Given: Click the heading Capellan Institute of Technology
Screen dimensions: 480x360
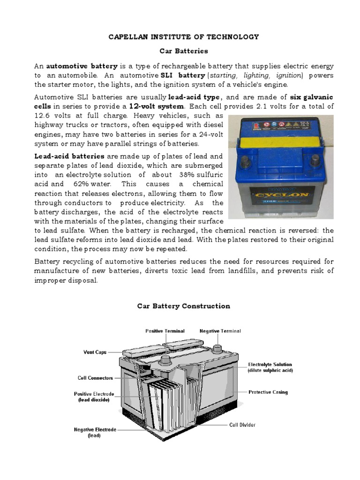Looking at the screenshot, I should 184,37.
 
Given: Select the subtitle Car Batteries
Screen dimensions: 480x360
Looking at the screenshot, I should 184,51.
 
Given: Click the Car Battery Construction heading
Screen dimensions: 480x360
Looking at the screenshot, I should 184,306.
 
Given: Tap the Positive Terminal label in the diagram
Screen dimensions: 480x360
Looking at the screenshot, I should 165,331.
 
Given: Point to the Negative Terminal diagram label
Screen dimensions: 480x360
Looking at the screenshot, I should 220,331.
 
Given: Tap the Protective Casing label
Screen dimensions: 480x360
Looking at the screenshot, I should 268,392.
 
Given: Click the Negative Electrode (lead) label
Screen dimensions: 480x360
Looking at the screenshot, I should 95,432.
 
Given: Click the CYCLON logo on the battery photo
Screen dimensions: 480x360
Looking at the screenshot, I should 279,193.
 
